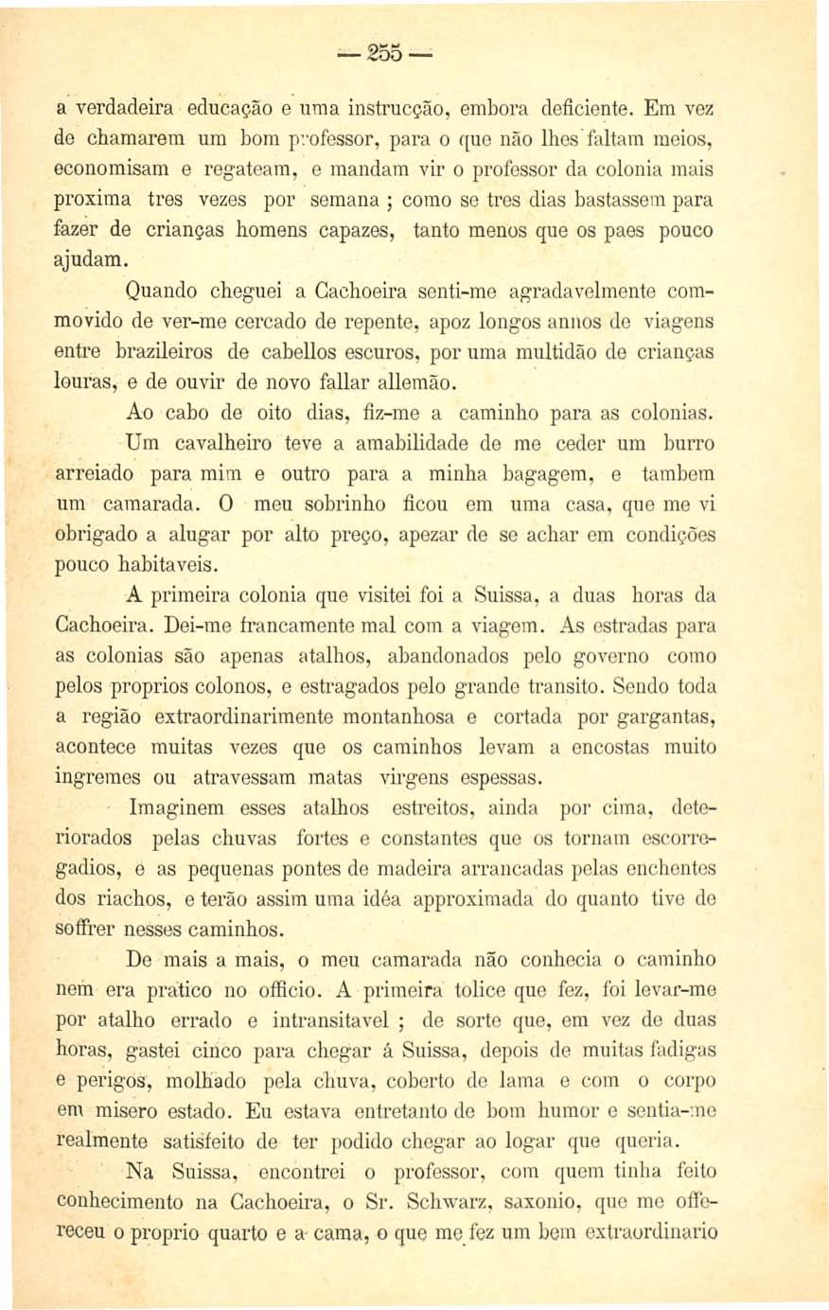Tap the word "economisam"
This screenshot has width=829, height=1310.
[102, 169]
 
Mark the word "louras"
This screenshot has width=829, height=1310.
[88, 382]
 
